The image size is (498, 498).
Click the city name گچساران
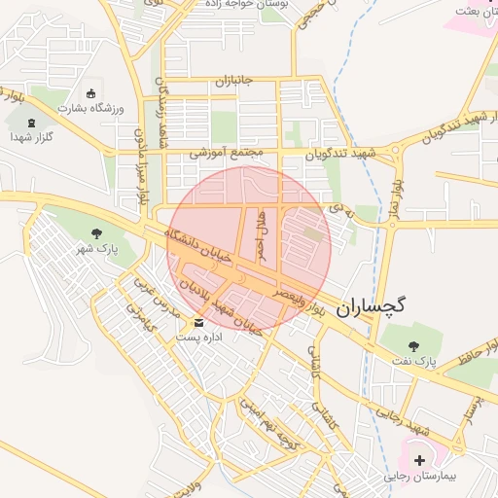371,306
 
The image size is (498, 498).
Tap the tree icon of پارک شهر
95,233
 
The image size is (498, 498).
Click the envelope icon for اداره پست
199,322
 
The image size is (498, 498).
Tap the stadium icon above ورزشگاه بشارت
91,94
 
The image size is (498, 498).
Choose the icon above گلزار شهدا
31,124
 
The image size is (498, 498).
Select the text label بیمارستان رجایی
420,477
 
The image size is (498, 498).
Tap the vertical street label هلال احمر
261,236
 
